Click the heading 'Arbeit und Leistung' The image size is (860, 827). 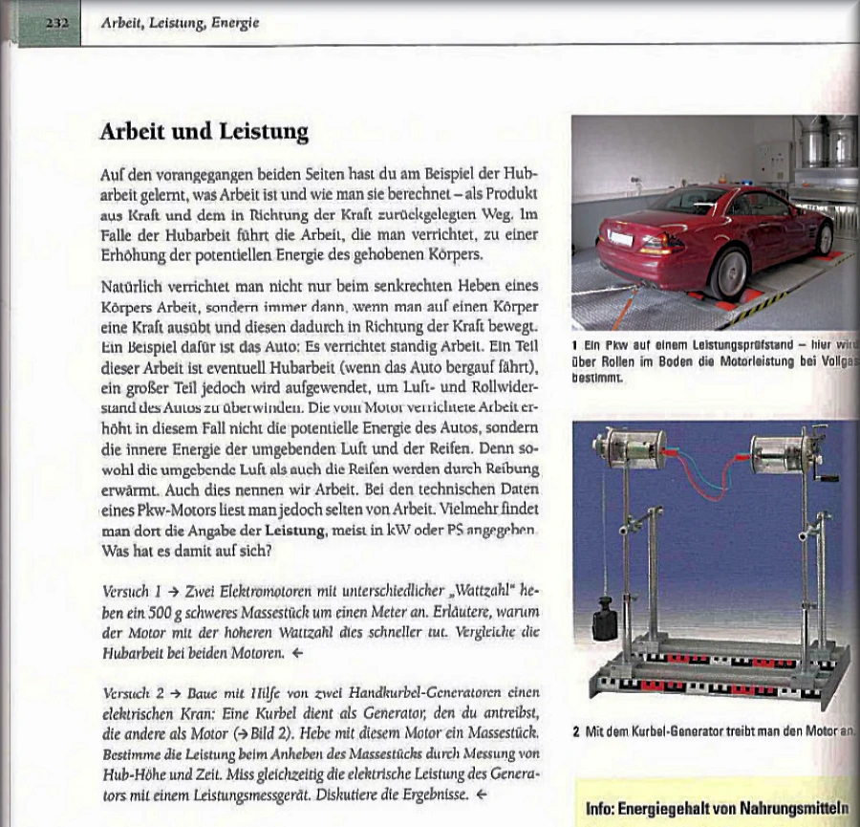coord(204,132)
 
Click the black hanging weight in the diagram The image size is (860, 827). coord(605,620)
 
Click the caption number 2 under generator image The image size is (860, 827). coord(577,732)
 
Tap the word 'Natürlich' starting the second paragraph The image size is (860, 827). coord(133,286)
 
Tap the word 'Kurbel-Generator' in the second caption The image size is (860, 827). coord(674,732)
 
